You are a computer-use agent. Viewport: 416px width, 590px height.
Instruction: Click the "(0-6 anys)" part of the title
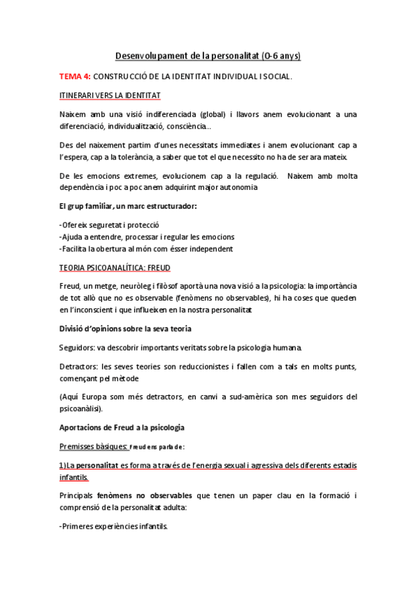(281, 55)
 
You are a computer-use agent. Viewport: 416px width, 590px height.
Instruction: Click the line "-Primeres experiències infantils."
(114, 527)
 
